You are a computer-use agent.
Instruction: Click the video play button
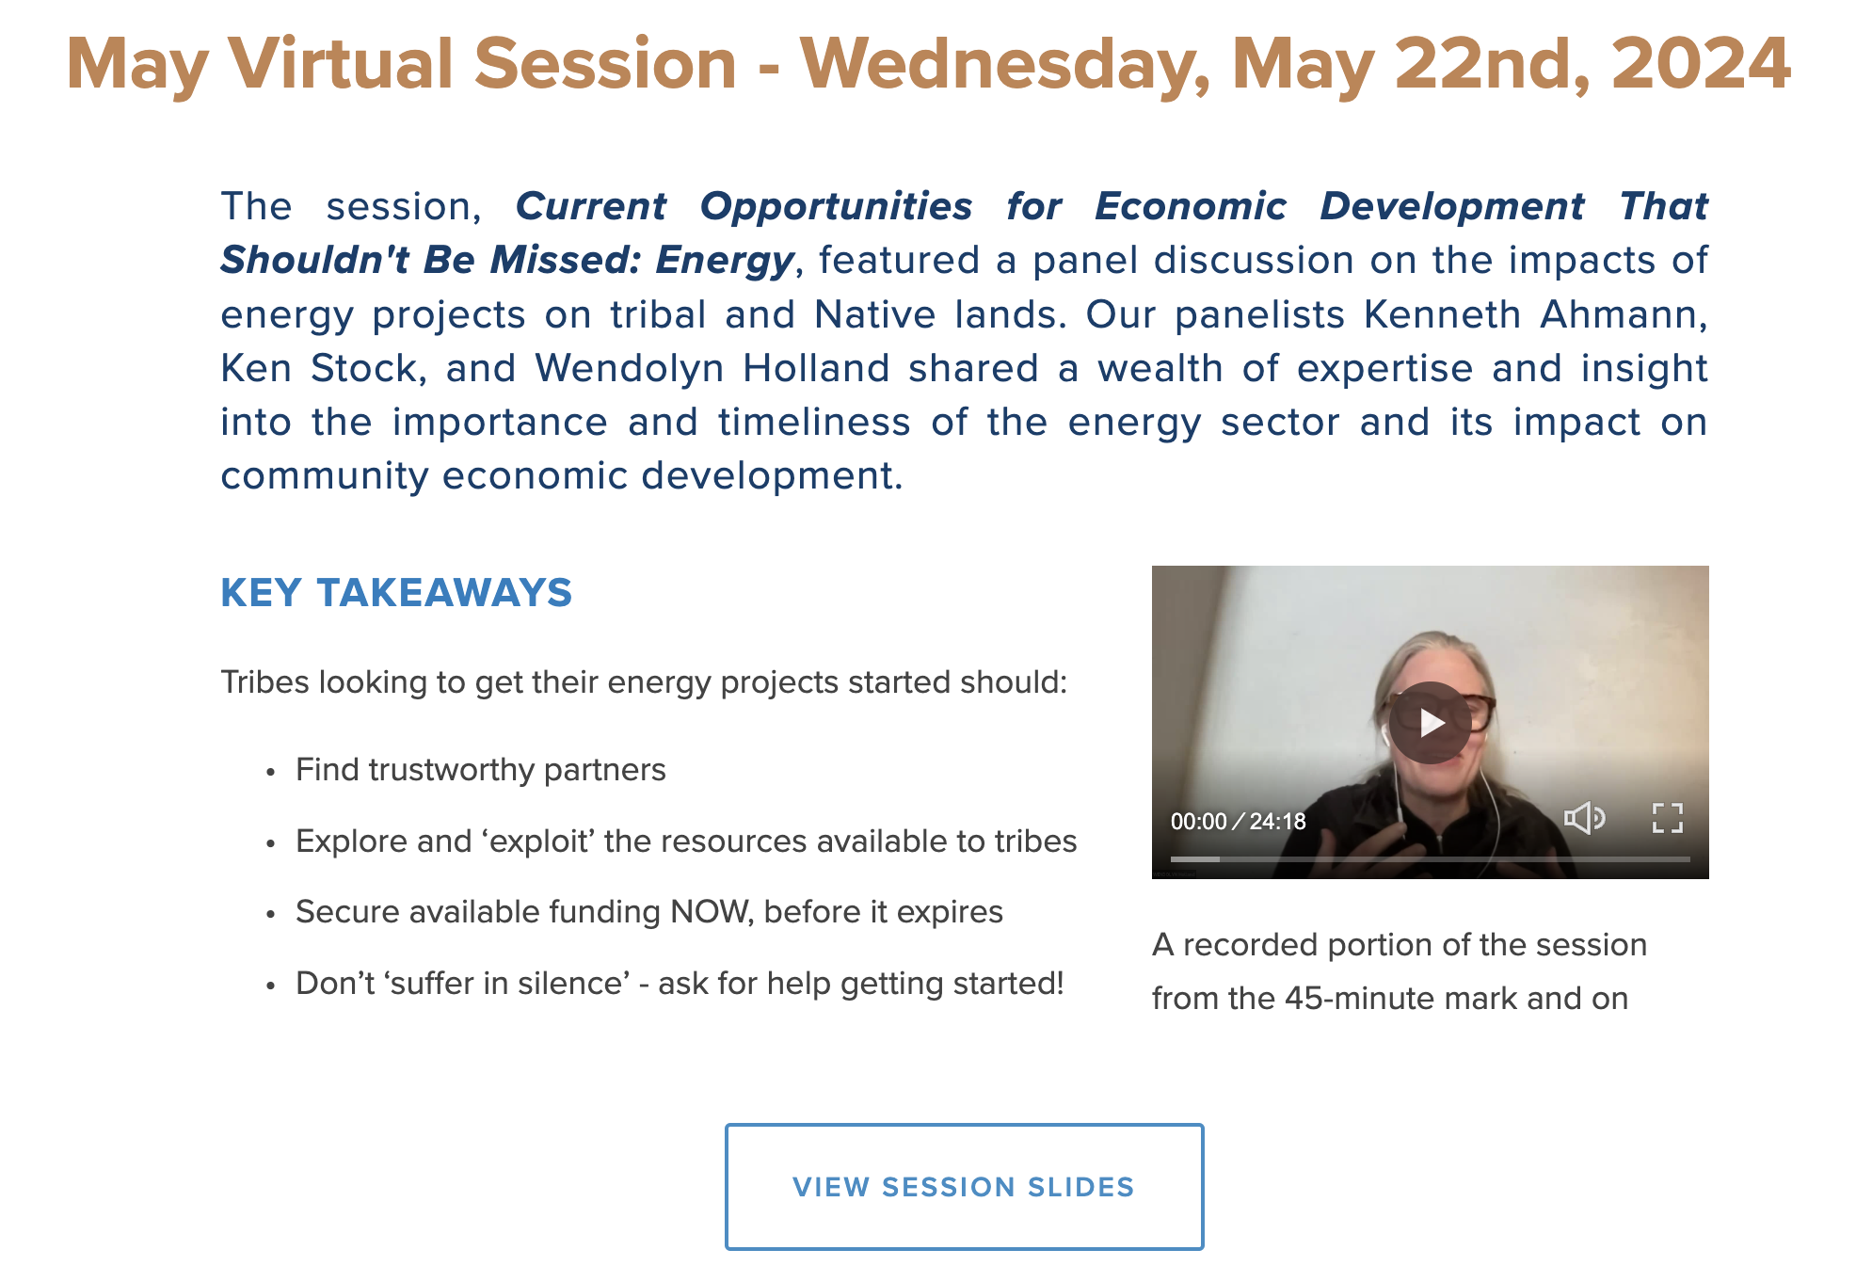tap(1431, 723)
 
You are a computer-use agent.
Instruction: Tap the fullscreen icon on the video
tap(1667, 818)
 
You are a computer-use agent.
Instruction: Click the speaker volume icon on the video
tap(1585, 818)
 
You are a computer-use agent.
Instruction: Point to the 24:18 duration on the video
tap(1277, 822)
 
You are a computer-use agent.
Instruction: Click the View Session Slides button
tap(964, 1186)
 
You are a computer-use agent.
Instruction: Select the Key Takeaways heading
tap(396, 593)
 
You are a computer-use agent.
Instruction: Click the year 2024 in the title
tap(1701, 64)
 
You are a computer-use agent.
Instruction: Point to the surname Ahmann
tap(1623, 314)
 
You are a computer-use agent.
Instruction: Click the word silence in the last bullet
tap(571, 983)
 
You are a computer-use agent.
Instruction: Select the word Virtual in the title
tap(342, 64)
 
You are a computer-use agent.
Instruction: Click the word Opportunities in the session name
tap(836, 207)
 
